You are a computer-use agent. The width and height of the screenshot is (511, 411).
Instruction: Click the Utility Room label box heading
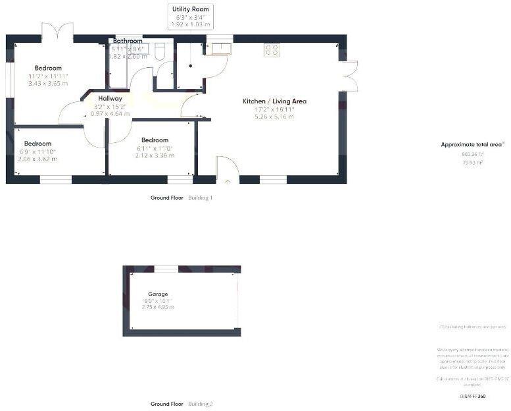pyautogui.click(x=189, y=8)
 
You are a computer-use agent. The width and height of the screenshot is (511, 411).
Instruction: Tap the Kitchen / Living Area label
pyautogui.click(x=274, y=101)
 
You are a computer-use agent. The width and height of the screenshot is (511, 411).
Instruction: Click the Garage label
pyautogui.click(x=157, y=294)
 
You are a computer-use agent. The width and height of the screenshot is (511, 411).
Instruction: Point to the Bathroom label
pyautogui.click(x=128, y=41)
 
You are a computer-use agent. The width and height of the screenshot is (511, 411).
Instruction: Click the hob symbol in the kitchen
pyautogui.click(x=272, y=50)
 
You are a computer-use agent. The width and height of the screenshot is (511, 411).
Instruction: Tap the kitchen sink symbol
pyautogui.click(x=218, y=47)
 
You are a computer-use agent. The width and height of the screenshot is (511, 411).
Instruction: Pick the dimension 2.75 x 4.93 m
pyautogui.click(x=157, y=307)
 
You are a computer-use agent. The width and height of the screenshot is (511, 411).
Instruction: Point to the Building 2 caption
pyautogui.click(x=201, y=404)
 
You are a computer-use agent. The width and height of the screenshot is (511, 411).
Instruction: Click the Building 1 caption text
pyautogui.click(x=201, y=198)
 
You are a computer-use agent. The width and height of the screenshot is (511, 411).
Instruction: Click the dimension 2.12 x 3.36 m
pyautogui.click(x=155, y=155)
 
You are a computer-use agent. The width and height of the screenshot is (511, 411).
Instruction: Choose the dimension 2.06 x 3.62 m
pyautogui.click(x=37, y=159)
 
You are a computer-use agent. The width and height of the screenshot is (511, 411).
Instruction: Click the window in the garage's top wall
pyautogui.click(x=166, y=269)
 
